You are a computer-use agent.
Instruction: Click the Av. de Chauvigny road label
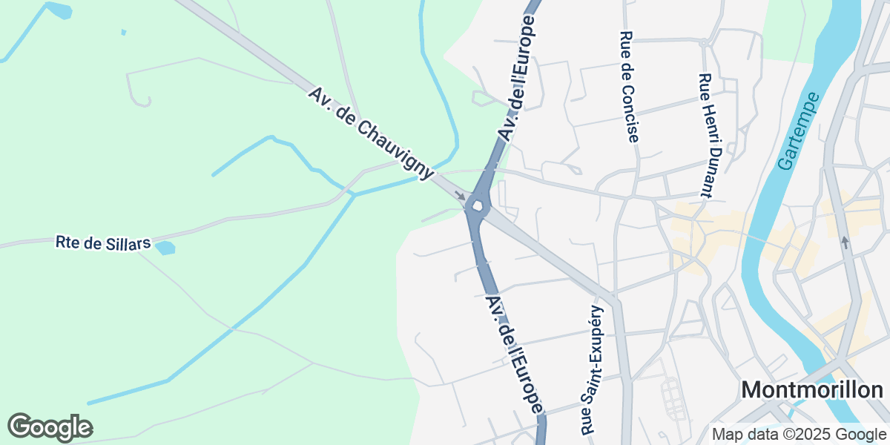[372, 134]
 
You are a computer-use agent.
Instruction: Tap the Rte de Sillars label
[103, 243]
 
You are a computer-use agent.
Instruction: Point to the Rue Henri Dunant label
[707, 135]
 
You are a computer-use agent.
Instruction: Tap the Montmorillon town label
[812, 390]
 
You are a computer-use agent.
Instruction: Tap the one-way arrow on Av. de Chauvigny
[461, 197]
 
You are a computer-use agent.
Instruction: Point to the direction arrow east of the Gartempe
[844, 243]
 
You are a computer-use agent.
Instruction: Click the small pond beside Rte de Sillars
[165, 248]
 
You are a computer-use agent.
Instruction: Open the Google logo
[50, 427]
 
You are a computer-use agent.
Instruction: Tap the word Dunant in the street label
[708, 170]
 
